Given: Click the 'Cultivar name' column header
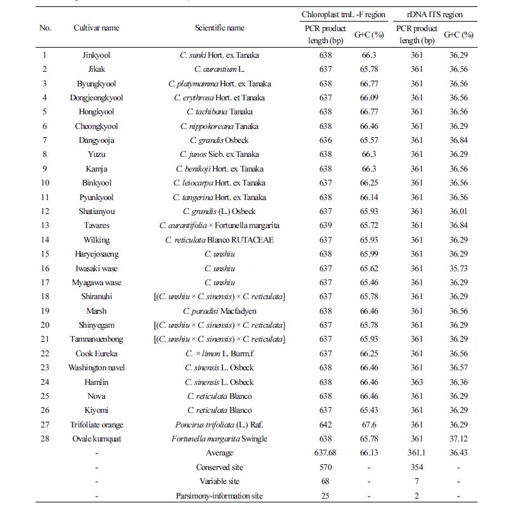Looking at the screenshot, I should [97, 28].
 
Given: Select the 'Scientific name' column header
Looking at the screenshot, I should [219, 28].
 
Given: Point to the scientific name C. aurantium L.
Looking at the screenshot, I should [219, 69].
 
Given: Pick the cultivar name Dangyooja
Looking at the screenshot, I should [97, 140].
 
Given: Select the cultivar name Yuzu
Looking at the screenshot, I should [97, 154].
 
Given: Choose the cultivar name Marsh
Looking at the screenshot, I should [97, 311].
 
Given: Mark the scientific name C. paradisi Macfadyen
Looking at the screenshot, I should [219, 311].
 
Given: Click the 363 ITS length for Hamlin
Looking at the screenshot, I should [417, 382].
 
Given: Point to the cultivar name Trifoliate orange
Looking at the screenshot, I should [97, 425].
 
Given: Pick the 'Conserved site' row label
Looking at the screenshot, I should [219, 467].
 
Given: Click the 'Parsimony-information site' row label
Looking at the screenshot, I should [219, 496].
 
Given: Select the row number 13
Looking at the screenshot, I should [44, 225].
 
